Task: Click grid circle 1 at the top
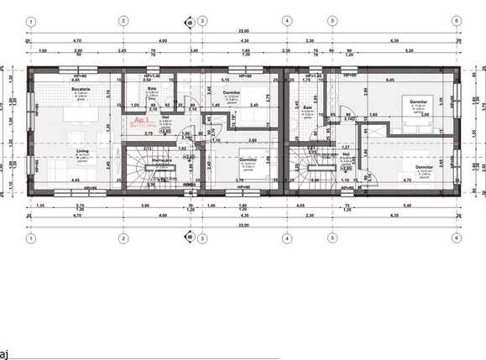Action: (30, 21)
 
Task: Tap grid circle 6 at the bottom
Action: (456, 237)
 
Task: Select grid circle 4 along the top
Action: (286, 21)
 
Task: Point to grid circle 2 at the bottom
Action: (123, 237)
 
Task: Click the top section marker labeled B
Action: (190, 23)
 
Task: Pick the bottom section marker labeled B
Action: (190, 236)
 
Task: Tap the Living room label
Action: (83, 150)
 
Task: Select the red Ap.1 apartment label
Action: (142, 121)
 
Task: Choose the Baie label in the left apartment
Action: (153, 87)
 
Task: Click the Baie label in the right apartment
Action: (308, 107)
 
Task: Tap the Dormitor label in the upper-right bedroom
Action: (417, 101)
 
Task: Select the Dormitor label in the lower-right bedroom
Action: (424, 167)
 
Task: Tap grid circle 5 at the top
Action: (332, 21)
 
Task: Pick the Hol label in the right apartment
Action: (346, 154)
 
